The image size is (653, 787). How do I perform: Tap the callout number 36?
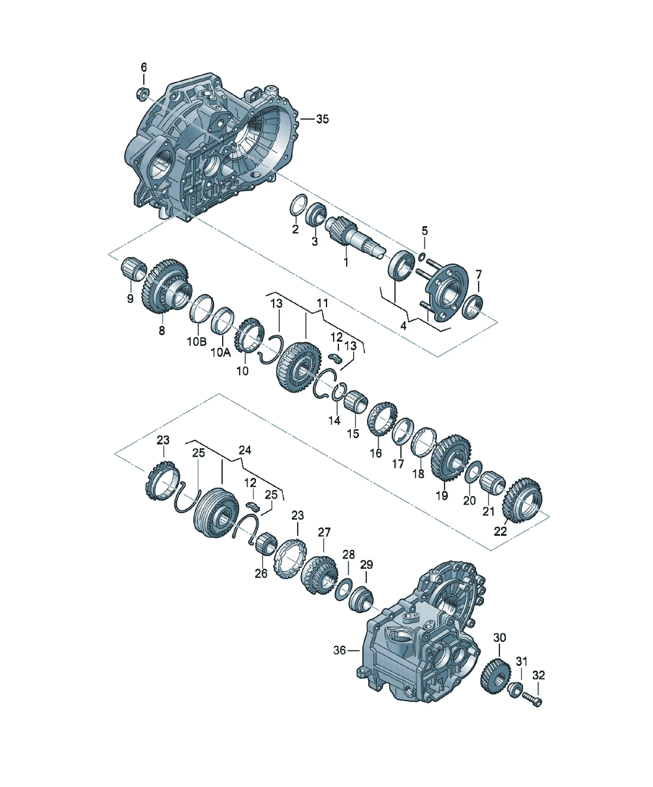pyautogui.click(x=339, y=650)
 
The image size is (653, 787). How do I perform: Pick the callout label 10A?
pyautogui.click(x=221, y=352)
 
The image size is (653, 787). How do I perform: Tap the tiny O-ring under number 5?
pyautogui.click(x=421, y=257)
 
